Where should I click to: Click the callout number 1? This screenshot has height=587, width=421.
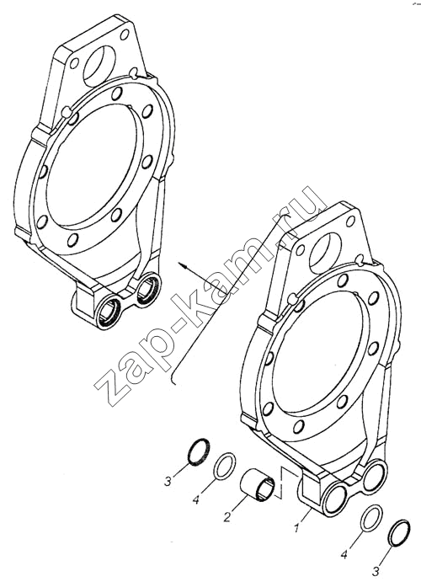click(x=297, y=528)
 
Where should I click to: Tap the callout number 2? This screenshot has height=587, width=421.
click(x=227, y=517)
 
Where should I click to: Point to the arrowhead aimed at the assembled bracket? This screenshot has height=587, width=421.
click(x=183, y=265)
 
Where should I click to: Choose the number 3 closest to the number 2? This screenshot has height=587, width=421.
click(x=168, y=480)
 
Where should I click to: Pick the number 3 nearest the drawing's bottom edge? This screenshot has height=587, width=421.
click(x=376, y=571)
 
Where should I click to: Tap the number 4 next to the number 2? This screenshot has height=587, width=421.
click(x=195, y=499)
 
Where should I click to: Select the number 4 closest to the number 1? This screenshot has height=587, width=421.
click(x=345, y=553)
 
